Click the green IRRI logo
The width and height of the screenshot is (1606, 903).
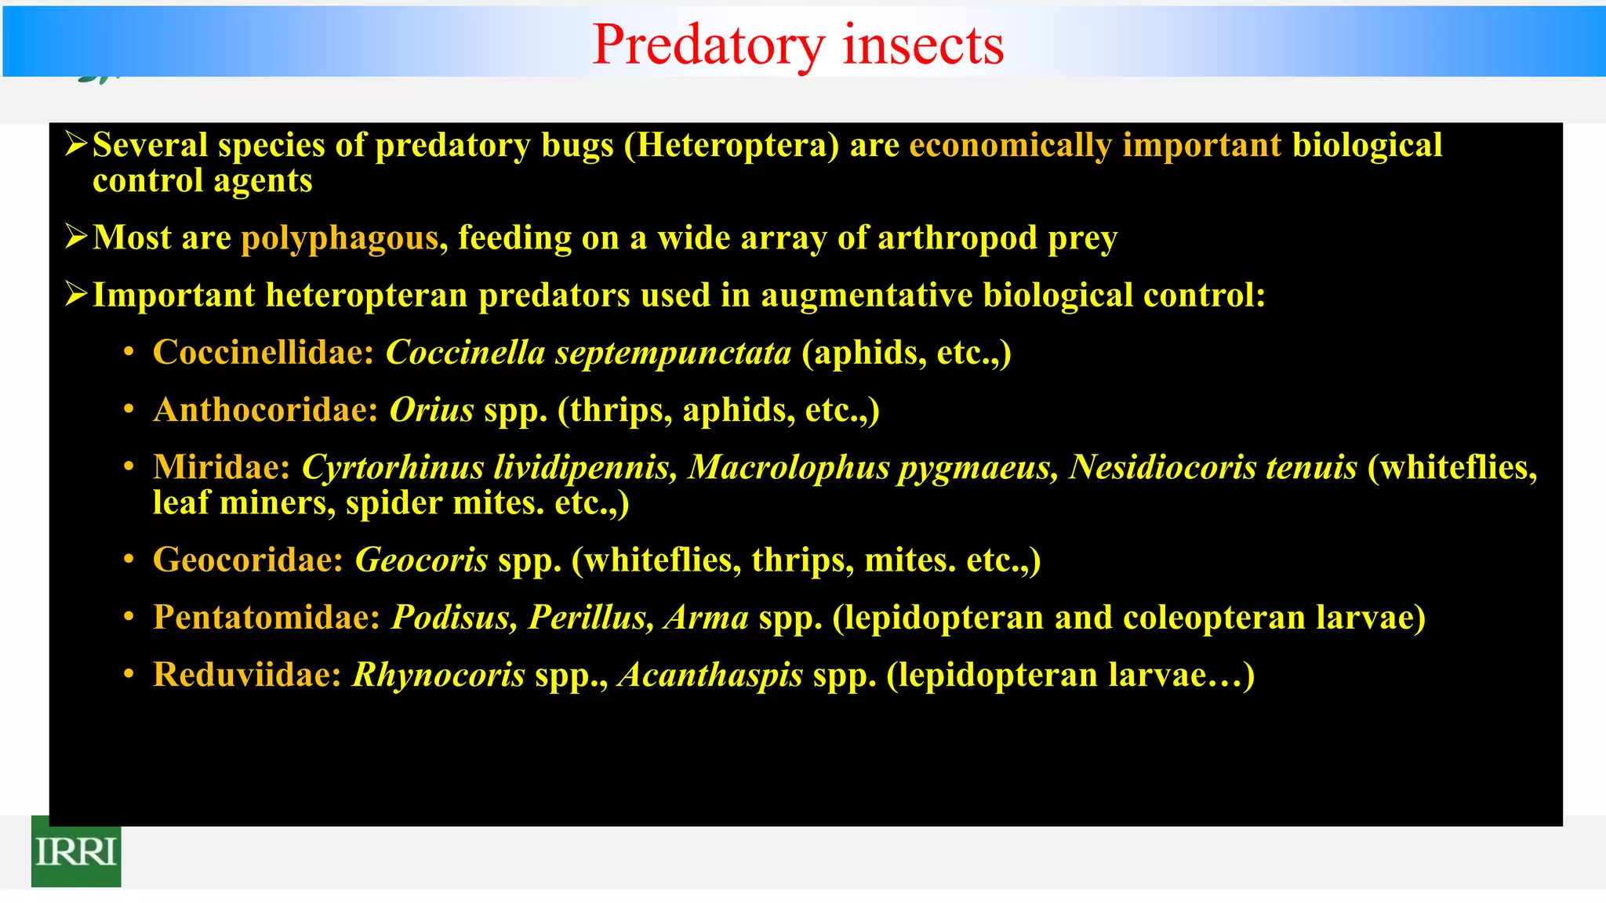76,851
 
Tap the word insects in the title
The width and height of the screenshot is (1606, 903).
923,45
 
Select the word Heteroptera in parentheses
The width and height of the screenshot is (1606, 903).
732,146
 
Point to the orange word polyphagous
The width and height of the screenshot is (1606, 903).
339,238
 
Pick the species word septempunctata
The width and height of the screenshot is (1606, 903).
673,354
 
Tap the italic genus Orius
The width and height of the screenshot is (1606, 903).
431,410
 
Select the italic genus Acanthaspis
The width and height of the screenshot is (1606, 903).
710,675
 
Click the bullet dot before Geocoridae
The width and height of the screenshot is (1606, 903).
129,560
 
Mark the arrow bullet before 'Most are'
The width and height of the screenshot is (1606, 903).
76,237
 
